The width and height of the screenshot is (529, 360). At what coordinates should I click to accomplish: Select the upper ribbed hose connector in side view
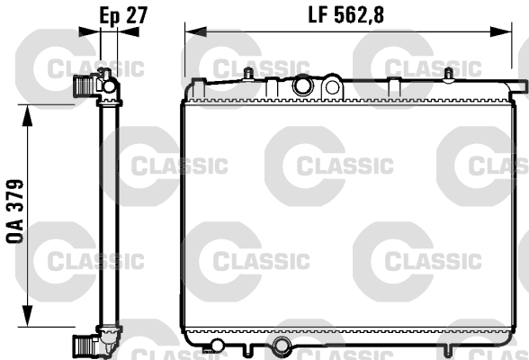click(84, 86)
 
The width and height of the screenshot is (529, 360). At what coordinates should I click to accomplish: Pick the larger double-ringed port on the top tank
click(303, 86)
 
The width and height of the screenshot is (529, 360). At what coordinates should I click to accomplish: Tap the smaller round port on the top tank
click(332, 87)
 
